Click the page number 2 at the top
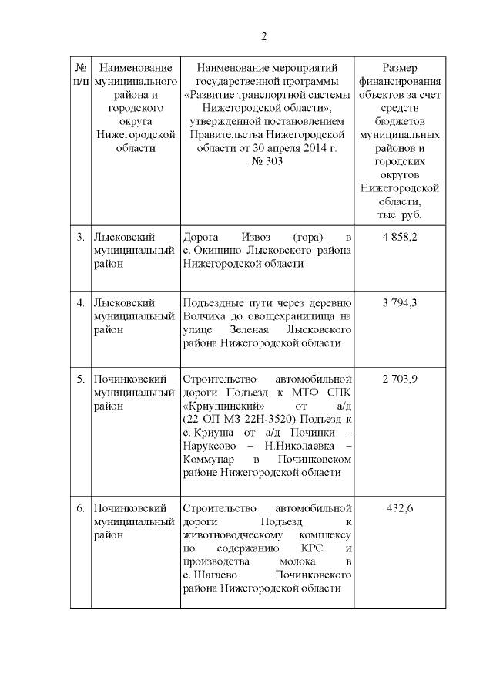tap(263, 36)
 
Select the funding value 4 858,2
tap(400, 236)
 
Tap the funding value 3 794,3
tap(400, 302)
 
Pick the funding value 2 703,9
tap(400, 379)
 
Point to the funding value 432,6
tap(400, 508)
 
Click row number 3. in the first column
tap(80, 236)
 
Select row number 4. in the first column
tap(80, 302)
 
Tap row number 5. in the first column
tap(80, 379)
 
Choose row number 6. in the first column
tap(80, 508)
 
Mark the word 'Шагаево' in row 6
tap(221, 575)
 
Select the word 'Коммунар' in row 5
tap(211, 459)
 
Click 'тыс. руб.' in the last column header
tap(400, 214)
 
